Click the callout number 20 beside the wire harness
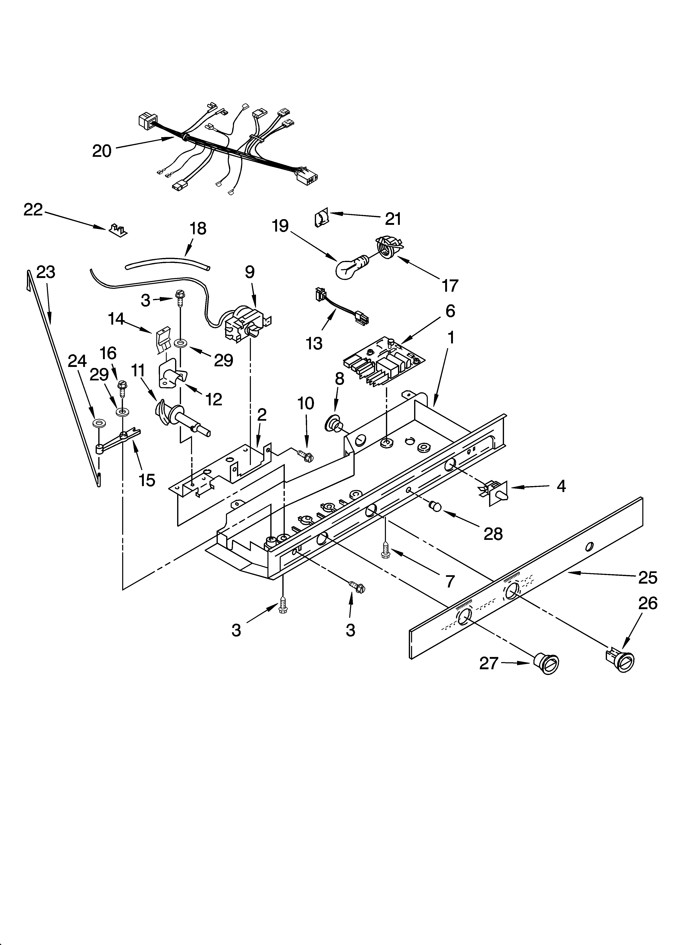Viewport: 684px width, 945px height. tap(102, 151)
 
